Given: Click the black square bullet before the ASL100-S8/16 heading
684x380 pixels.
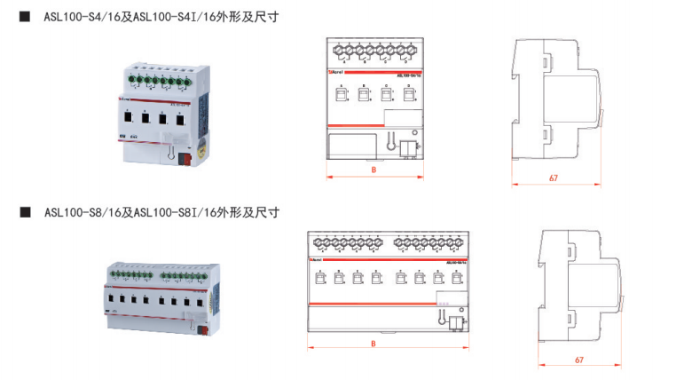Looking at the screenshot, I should pyautogui.click(x=25, y=213).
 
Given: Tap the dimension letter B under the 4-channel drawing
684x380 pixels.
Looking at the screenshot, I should pyautogui.click(x=373, y=169).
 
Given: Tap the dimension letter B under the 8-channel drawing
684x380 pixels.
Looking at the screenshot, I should pyautogui.click(x=373, y=343).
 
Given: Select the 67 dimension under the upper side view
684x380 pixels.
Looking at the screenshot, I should pyautogui.click(x=553, y=178).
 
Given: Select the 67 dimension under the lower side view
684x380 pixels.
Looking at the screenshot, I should pyautogui.click(x=578, y=360).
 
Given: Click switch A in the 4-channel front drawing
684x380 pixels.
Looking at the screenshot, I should pyautogui.click(x=341, y=93).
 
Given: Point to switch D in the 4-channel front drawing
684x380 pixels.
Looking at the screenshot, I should pyautogui.click(x=408, y=93).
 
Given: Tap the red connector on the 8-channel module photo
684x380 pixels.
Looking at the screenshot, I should pyautogui.click(x=202, y=333).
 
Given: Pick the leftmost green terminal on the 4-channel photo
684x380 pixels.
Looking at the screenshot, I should pyautogui.click(x=130, y=83).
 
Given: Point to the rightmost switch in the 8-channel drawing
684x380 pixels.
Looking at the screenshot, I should pyautogui.click(x=456, y=278).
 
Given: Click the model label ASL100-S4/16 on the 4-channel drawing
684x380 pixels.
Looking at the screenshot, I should pyautogui.click(x=408, y=75).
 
